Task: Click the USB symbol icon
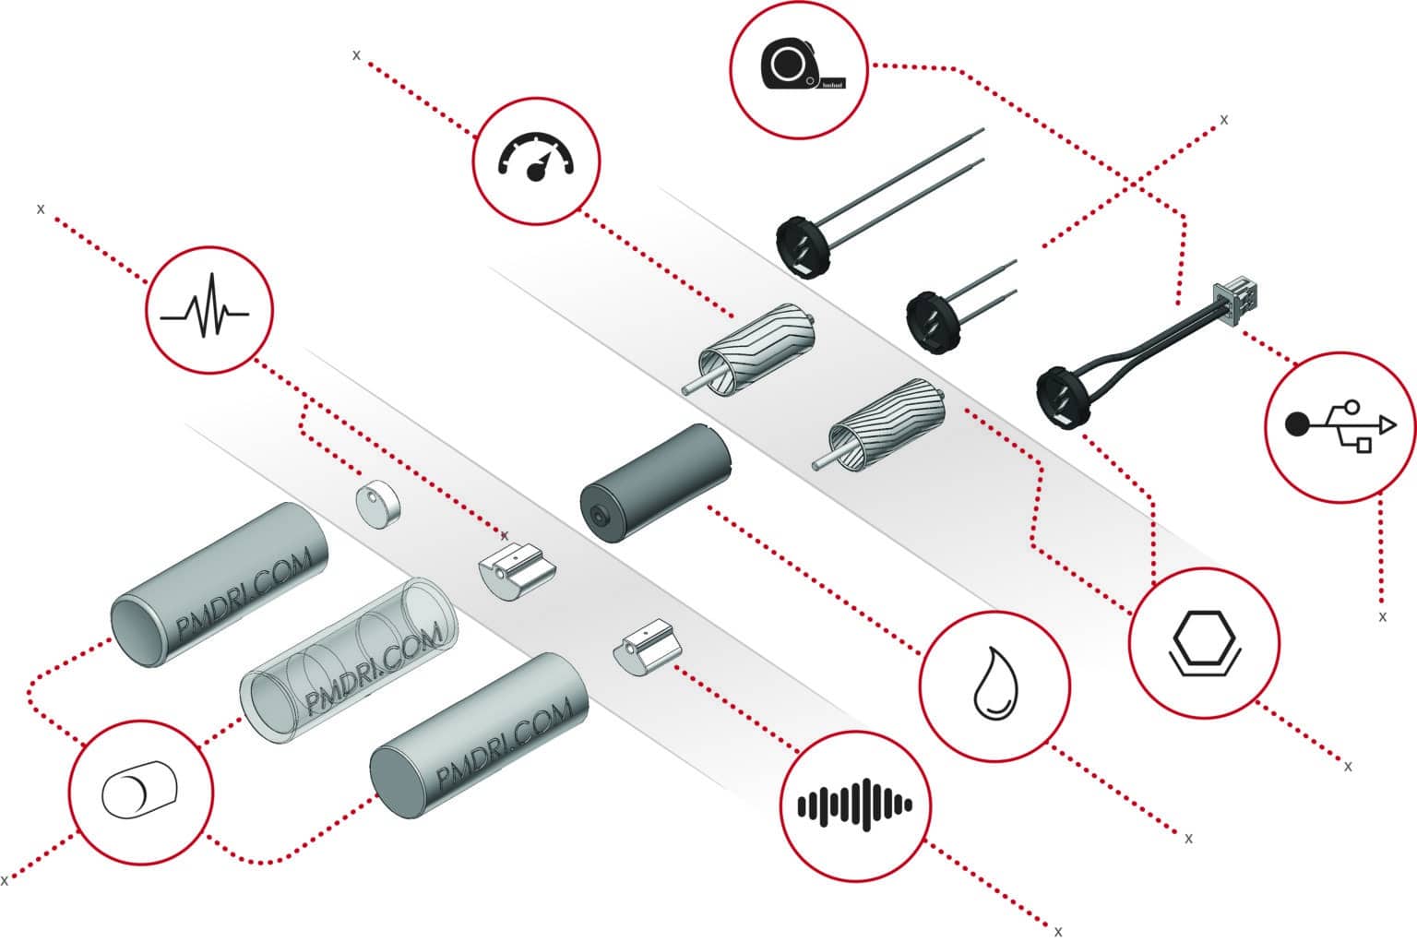pyautogui.click(x=1340, y=426)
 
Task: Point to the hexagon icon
pyautogui.click(x=1204, y=641)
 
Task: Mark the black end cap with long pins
pyautogui.click(x=801, y=244)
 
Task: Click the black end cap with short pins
pyautogui.click(x=933, y=320)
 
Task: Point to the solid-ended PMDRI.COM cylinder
pyautogui.click(x=480, y=734)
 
